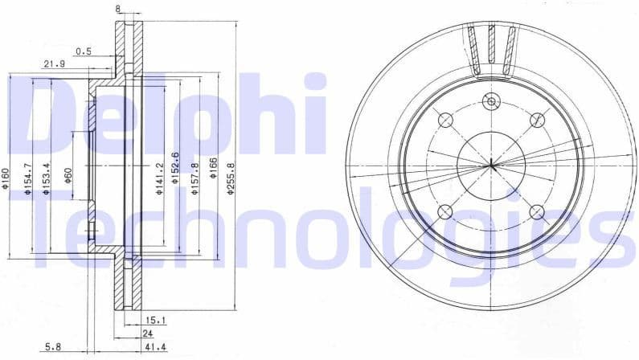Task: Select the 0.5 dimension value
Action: [83, 51]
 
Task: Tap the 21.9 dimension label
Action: [54, 63]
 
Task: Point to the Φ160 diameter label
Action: [6, 178]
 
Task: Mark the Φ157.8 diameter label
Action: [195, 174]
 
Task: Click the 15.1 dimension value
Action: [155, 320]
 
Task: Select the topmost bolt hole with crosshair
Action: [491, 101]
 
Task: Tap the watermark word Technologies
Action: [322, 233]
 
